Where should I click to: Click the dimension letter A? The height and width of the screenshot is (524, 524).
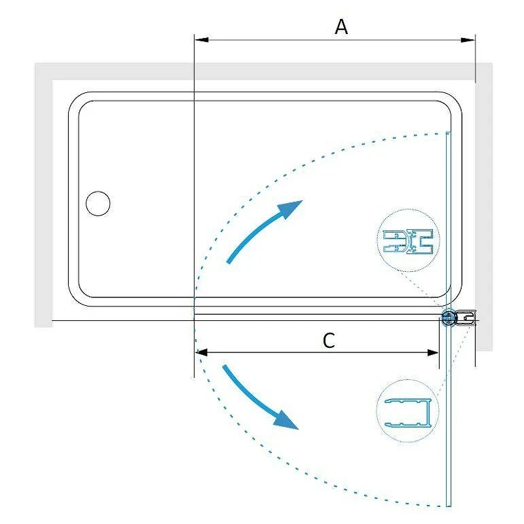coord(341,27)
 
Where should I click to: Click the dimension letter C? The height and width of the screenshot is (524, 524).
coord(329,341)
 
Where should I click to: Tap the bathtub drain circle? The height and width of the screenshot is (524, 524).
coord(98,203)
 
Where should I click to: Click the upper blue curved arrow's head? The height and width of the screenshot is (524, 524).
coord(290,209)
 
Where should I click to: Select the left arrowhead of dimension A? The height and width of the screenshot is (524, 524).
coord(202,40)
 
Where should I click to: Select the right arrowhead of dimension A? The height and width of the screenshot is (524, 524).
coord(468,40)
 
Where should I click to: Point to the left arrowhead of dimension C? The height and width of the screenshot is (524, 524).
coord(202,352)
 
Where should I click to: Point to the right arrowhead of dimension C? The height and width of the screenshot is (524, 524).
coord(433,352)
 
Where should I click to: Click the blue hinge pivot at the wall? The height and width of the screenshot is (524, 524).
coord(448,317)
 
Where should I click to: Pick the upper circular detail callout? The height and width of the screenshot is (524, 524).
coord(408,240)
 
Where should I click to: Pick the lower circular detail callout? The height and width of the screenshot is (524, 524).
coord(407,411)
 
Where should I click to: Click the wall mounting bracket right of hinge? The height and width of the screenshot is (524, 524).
coord(465,317)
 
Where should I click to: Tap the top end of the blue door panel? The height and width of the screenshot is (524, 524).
coord(449,133)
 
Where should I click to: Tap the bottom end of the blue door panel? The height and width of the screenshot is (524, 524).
coord(449,506)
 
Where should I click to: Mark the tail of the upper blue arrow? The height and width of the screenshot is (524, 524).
coord(229,262)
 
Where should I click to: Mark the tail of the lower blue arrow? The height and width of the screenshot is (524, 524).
coord(225,367)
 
